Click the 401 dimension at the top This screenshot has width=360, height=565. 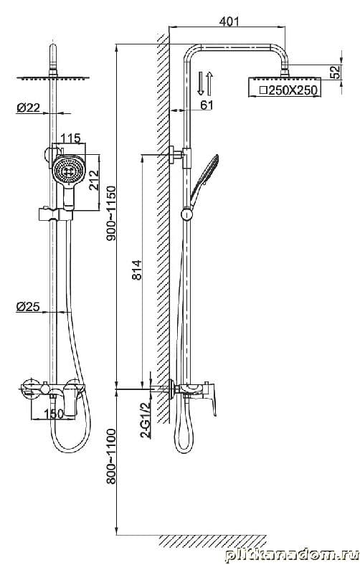tap(229, 22)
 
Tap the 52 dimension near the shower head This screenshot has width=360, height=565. tap(336, 72)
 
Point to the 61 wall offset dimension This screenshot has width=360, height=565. tap(207, 105)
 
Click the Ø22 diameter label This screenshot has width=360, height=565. tap(29, 107)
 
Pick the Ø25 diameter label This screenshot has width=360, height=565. tap(28, 307)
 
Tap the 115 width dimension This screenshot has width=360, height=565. tap(70, 138)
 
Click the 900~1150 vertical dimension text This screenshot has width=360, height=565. tap(111, 214)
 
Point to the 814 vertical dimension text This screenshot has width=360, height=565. tap(137, 270)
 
